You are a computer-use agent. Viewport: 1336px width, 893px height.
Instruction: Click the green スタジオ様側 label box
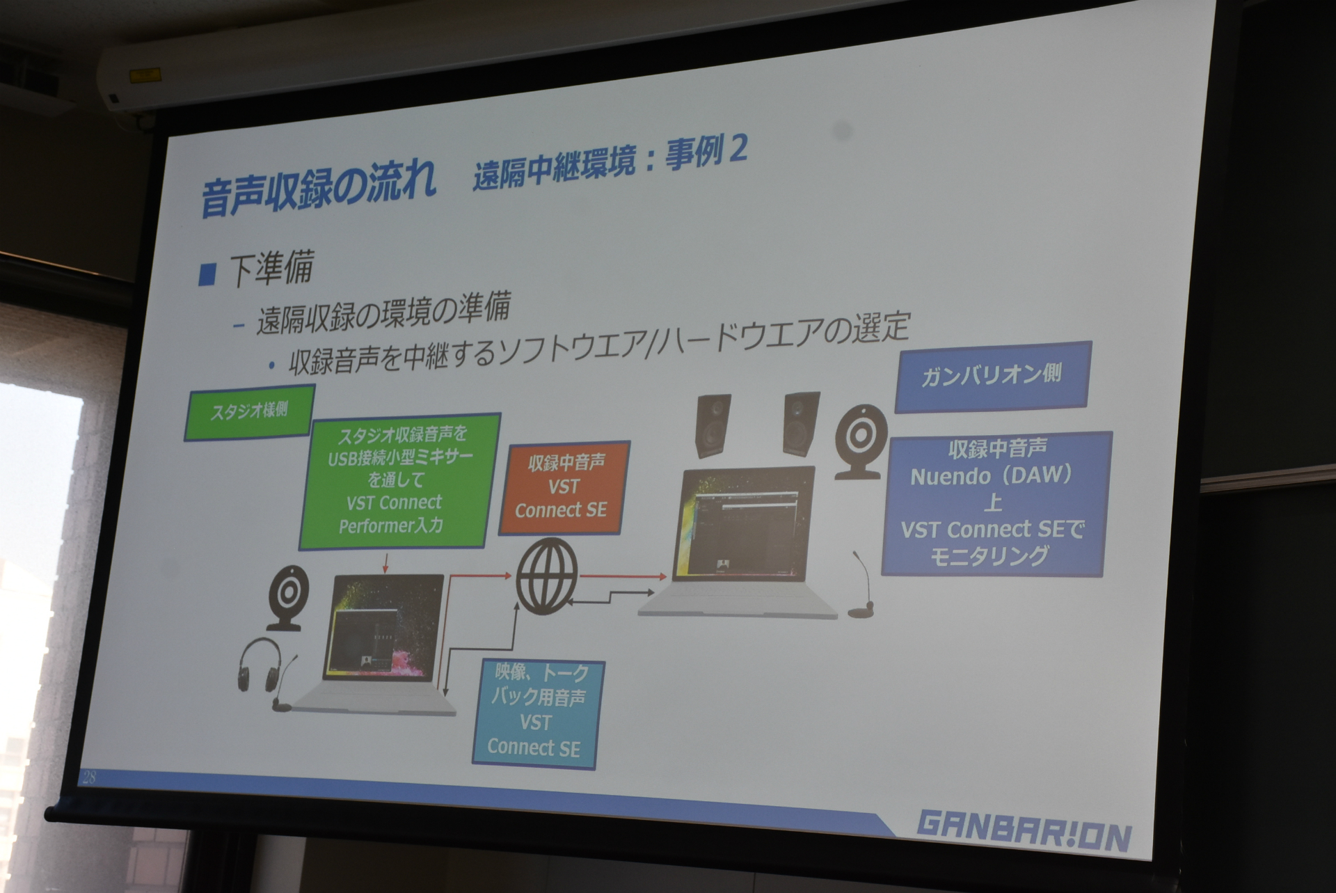pos(250,411)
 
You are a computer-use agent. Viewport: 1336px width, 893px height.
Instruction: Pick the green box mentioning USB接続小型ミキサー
pos(399,480)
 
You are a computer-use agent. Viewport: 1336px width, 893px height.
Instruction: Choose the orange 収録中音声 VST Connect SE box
pos(564,487)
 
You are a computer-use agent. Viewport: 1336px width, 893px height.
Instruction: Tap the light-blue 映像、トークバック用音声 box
pos(537,713)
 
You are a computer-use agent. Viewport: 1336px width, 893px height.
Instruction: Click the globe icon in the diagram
pos(547,576)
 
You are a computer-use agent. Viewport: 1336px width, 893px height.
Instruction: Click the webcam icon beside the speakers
pos(861,441)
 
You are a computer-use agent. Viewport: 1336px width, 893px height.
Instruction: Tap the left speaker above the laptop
pos(713,425)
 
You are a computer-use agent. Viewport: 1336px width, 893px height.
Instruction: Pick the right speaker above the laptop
pos(801,424)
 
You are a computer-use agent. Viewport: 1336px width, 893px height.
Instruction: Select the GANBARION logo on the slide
pos(1024,830)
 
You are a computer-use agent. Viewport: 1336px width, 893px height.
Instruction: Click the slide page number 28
pos(90,777)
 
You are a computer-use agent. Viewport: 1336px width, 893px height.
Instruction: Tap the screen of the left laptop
pos(383,627)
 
